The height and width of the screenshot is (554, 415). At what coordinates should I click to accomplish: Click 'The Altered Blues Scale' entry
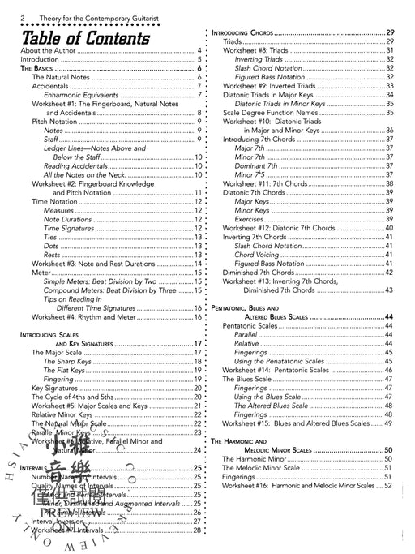point(271,404)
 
